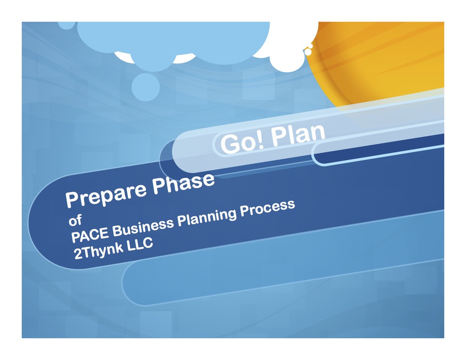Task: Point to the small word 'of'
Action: pos(75,220)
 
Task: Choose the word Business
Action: pos(143,228)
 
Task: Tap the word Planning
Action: pos(207,218)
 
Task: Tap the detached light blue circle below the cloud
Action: pos(146,87)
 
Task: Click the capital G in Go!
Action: pos(231,144)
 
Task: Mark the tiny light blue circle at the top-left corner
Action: pos(66,25)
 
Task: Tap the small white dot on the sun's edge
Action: pos(308,52)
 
